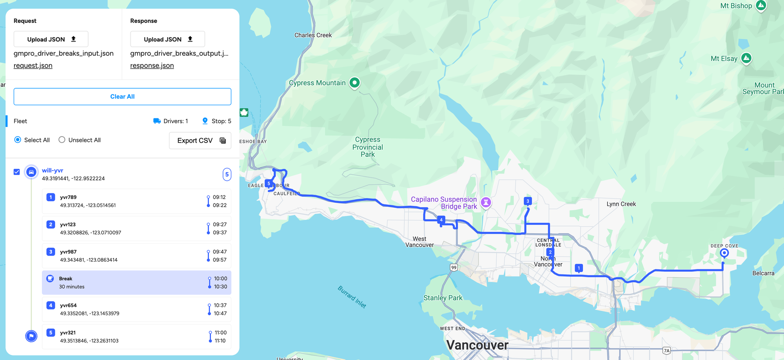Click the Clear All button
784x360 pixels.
[122, 96]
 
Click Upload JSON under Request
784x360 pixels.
[51, 39]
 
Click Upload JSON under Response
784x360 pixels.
[167, 39]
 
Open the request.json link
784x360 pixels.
[33, 65]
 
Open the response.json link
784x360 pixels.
[152, 65]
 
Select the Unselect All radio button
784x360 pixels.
[62, 140]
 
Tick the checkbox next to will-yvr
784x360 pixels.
[16, 172]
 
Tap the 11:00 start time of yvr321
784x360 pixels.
[220, 333]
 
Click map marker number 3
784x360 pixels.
[528, 201]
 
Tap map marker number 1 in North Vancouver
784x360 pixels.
[579, 268]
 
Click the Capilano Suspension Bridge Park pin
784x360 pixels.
[486, 202]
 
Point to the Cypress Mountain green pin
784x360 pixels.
[354, 83]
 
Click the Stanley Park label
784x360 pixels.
[443, 298]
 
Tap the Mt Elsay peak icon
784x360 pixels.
[746, 58]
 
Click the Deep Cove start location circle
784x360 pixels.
[724, 253]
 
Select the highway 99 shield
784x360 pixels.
[454, 267]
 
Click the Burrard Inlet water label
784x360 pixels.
[352, 297]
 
